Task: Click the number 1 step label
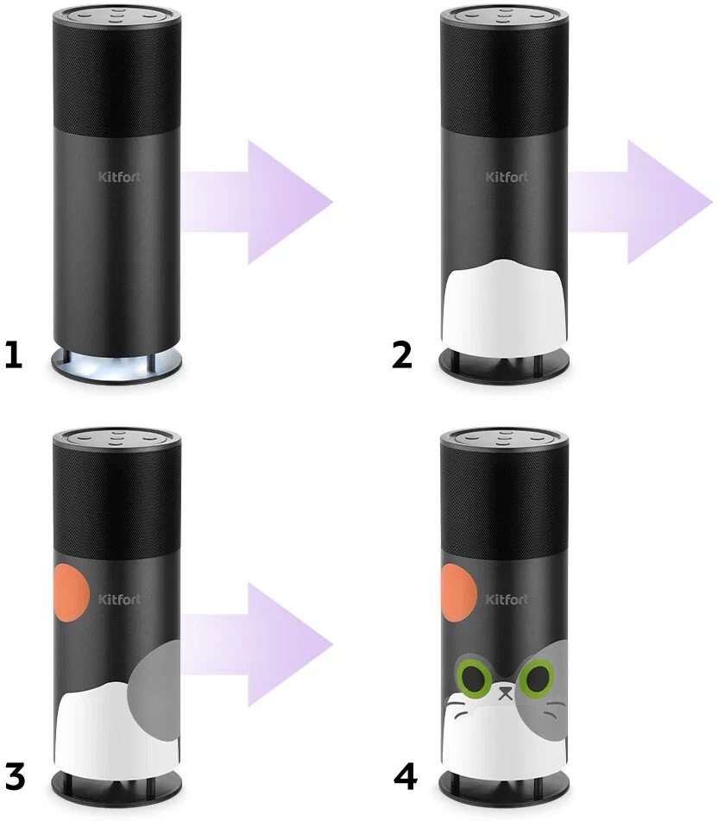[x=13, y=354]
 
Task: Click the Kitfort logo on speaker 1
[x=119, y=177]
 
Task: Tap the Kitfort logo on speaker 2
[x=507, y=177]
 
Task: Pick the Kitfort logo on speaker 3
[x=119, y=599]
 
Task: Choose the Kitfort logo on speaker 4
[x=507, y=599]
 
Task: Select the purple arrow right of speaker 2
[x=640, y=202]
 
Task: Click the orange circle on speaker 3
[x=72, y=592]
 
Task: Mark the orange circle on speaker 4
[x=459, y=592]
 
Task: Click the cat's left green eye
[x=475, y=679]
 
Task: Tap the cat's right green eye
[x=537, y=679]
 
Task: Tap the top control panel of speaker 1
[x=117, y=14]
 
